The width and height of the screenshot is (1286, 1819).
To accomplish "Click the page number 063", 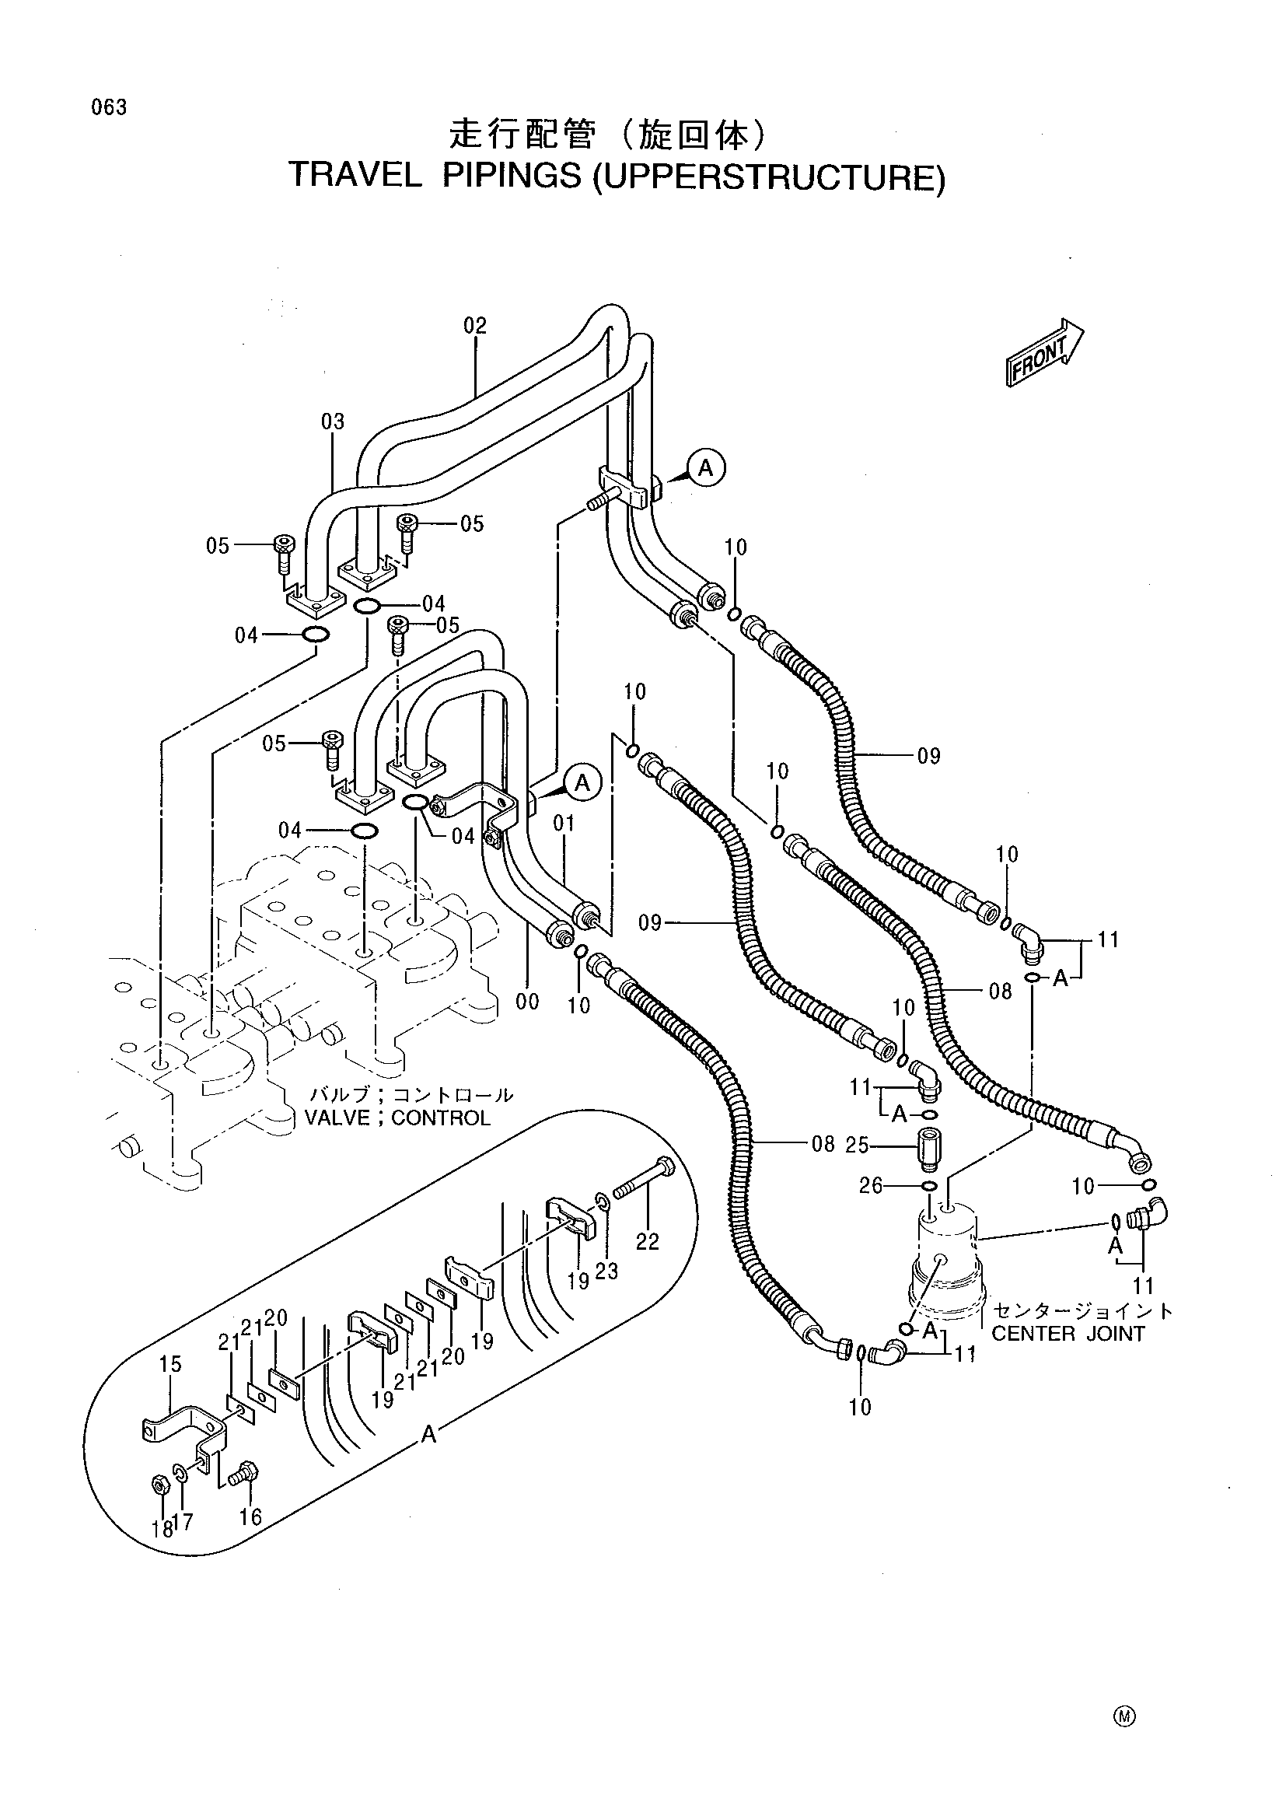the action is point(109,108).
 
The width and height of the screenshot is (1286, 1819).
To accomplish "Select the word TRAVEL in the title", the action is point(356,176).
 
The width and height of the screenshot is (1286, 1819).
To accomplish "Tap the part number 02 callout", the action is point(475,326).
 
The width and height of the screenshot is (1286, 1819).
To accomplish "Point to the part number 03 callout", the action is point(334,422).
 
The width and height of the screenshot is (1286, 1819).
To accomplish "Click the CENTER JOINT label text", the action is point(1068,1335).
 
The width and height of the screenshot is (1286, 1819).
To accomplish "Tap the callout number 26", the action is point(871,1186).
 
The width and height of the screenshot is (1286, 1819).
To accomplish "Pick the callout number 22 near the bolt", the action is point(648,1241).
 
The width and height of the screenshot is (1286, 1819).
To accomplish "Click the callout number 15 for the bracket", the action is point(170,1363).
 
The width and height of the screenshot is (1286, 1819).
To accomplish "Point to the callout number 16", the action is point(250,1517).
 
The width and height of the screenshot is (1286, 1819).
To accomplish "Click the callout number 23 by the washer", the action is point(607,1271).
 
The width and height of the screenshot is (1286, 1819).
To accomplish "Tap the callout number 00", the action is point(527,1002).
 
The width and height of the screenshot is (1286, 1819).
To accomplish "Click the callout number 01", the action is point(564,824).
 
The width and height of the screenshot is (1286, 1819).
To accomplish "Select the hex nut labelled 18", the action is point(157,1485).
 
